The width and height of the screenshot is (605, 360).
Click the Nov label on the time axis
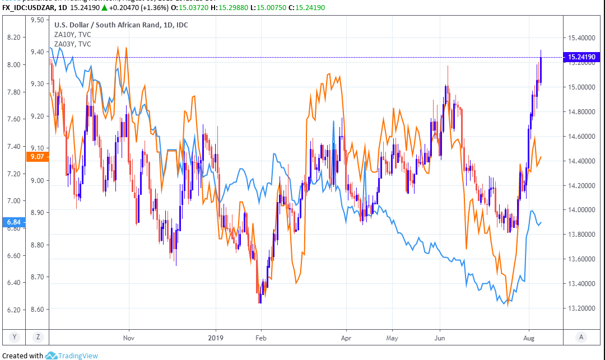coord(129,338)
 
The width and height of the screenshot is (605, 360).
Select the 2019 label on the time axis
coord(216,338)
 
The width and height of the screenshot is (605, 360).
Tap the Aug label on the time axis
coord(529,338)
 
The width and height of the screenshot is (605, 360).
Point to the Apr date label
coord(346,338)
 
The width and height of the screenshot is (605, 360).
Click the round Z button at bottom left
coord(38,337)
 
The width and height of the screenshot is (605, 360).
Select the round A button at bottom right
coord(582,337)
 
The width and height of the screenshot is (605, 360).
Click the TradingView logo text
coord(78,356)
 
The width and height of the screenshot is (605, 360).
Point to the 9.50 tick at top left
coord(38,20)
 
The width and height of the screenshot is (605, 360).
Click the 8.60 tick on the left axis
coord(38,310)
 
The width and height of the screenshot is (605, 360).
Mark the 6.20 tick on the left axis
coord(13,310)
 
